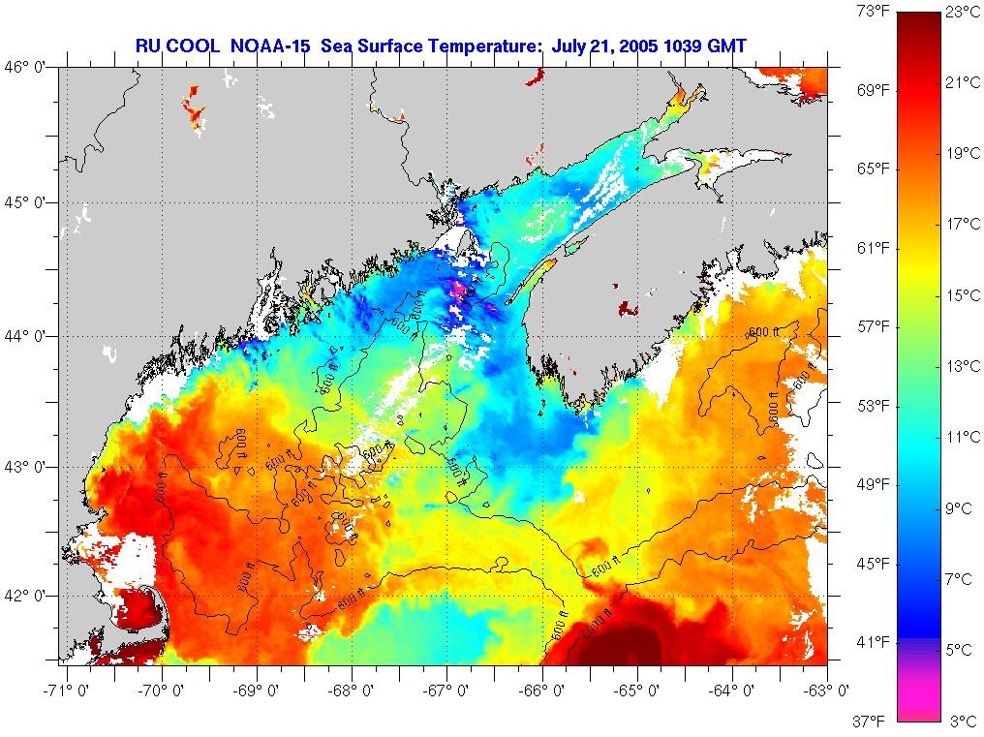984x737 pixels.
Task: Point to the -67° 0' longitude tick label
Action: pos(446,690)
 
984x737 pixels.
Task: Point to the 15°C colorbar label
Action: pos(964,296)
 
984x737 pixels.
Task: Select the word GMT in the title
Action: pos(724,46)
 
